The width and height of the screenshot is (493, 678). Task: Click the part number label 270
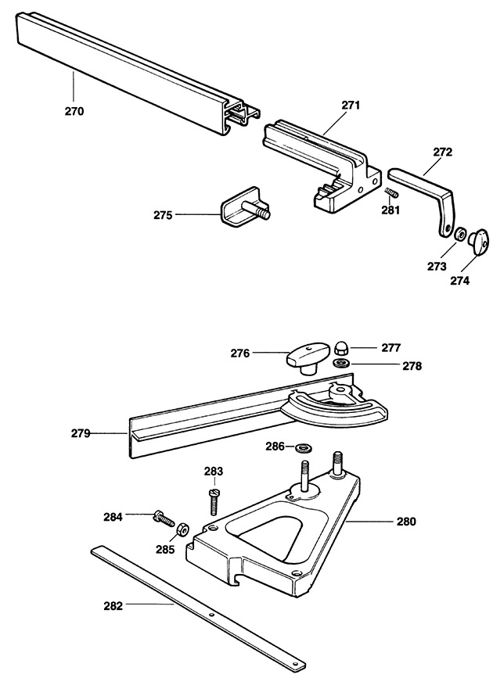click(x=74, y=111)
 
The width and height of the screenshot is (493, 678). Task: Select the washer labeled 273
click(x=459, y=235)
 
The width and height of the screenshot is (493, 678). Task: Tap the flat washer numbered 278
click(x=342, y=361)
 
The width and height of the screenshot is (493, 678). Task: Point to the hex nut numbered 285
click(x=183, y=529)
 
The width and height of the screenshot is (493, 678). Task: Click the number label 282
click(x=113, y=606)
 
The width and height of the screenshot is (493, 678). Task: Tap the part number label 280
click(x=406, y=522)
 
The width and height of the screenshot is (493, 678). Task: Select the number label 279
click(x=81, y=433)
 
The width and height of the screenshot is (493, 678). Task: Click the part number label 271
click(x=351, y=105)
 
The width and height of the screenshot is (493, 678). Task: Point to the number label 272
click(x=442, y=152)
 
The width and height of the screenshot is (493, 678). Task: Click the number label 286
click(x=275, y=447)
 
